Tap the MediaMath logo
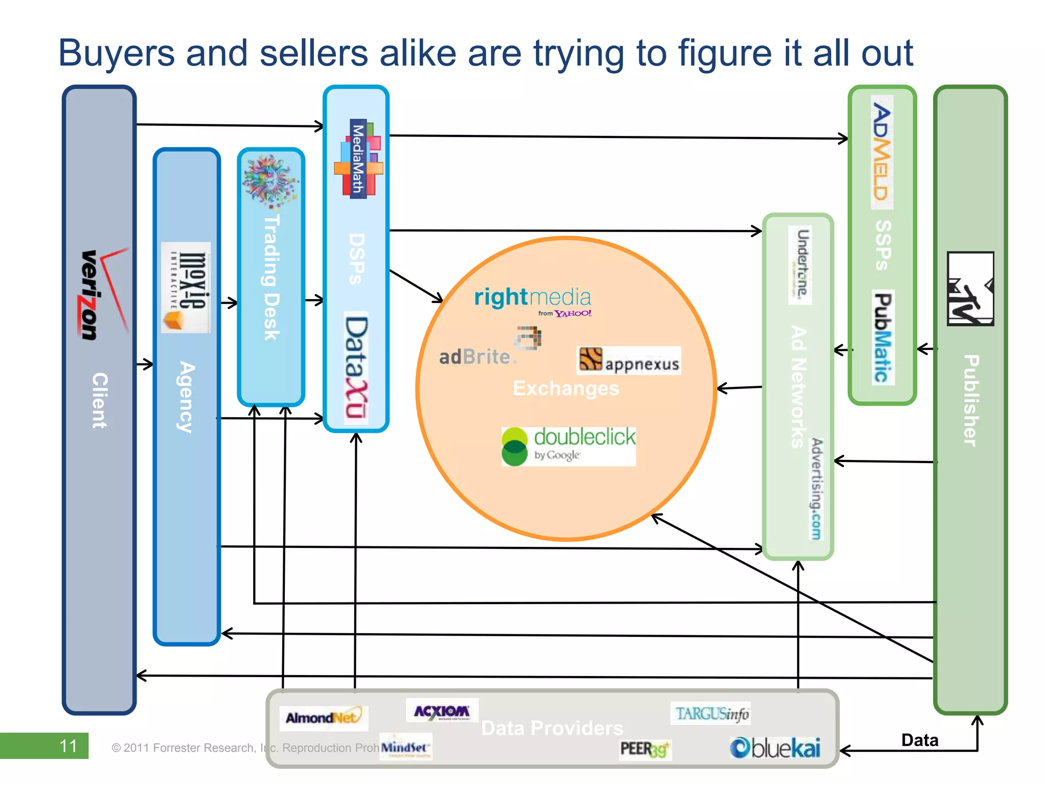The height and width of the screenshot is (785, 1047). tap(358, 159)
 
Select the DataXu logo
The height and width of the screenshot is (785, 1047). tap(356, 367)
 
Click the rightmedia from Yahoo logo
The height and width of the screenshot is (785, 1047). tap(533, 301)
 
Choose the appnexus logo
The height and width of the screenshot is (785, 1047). tap(629, 361)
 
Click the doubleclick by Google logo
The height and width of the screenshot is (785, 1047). tap(568, 446)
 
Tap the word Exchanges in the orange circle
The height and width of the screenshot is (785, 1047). tap(565, 388)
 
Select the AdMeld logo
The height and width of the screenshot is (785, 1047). tap(882, 152)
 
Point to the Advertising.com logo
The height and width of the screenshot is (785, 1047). tap(816, 488)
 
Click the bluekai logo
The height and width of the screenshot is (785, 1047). tap(775, 748)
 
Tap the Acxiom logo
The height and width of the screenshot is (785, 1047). tap(442, 711)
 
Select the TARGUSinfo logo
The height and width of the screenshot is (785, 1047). tap(711, 713)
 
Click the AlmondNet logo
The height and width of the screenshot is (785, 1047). tap(324, 718)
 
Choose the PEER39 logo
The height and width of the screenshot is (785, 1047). tap(644, 749)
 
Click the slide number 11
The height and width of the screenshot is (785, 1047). tap(68, 746)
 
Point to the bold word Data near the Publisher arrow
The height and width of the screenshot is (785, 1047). tap(919, 740)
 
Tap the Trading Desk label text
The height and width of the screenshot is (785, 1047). tap(271, 278)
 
